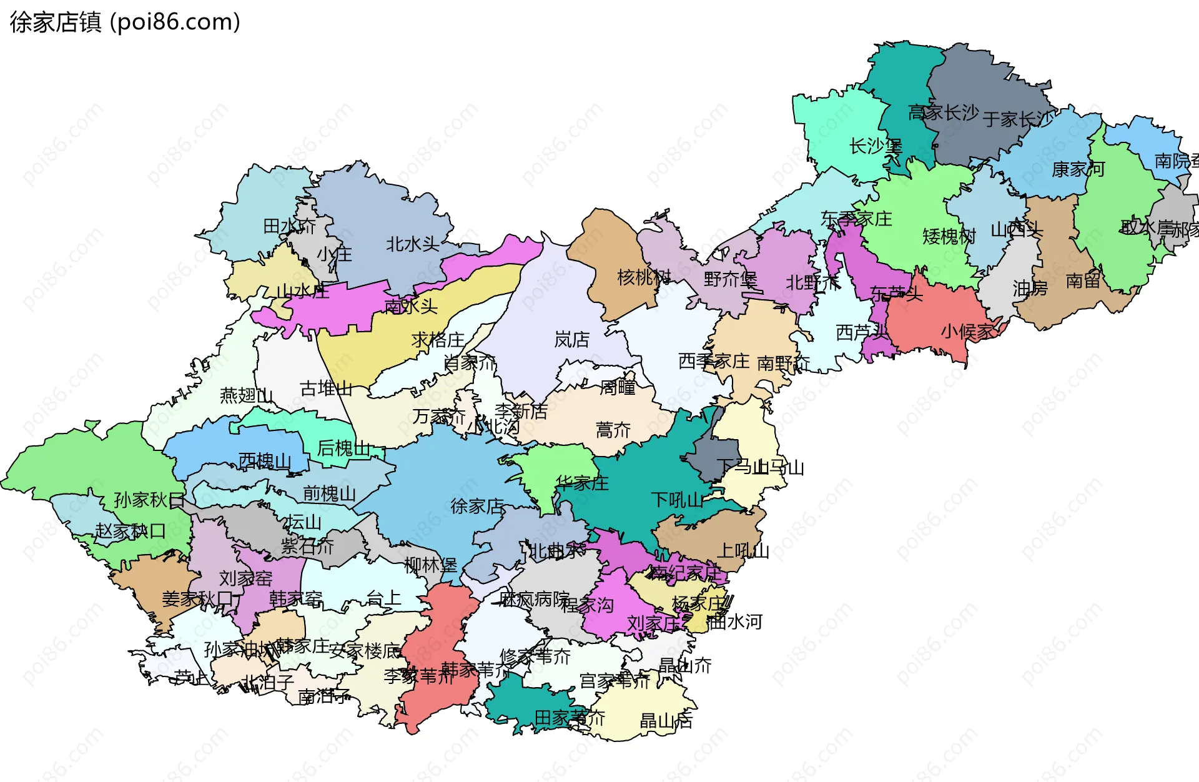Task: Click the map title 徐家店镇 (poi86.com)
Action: [x=125, y=22]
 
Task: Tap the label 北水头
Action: [x=413, y=244]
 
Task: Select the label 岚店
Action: [x=571, y=340]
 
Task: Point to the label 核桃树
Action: [x=644, y=277]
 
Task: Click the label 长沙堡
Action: [x=876, y=147]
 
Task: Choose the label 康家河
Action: [x=1078, y=169]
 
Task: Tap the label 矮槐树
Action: [x=949, y=236]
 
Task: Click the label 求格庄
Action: [x=438, y=340]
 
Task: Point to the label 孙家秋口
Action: [x=149, y=500]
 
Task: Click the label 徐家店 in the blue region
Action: [x=477, y=506]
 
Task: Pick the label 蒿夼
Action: [x=613, y=430]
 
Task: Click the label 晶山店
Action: [x=666, y=721]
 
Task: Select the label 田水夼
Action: [x=289, y=225]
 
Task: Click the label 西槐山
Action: [x=265, y=461]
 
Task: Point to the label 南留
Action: [x=1083, y=280]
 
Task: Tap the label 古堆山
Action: [x=326, y=389]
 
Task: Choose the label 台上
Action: [x=383, y=598]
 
